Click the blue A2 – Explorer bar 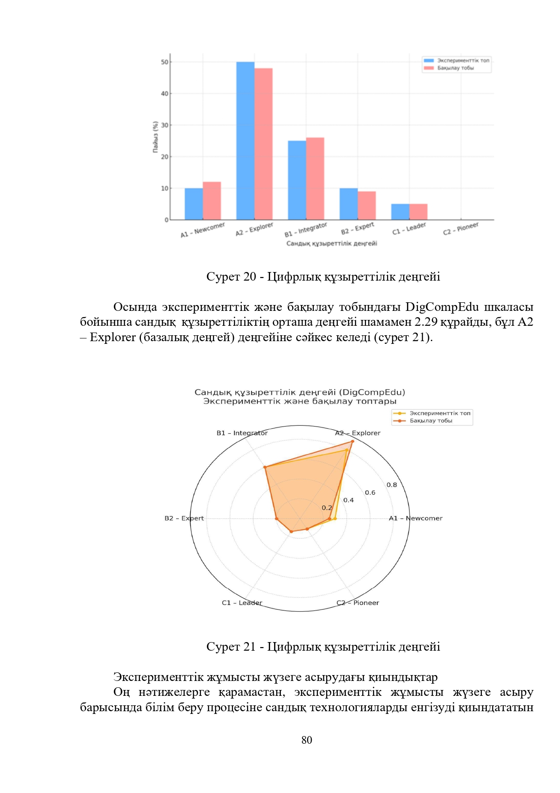pos(245,141)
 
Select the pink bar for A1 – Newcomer pos(212,201)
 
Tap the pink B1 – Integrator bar pos(315,179)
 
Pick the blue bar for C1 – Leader pos(400,212)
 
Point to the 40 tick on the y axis pos(164,94)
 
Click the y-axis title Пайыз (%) pos(155,137)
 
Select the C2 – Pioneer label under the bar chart pos(460,229)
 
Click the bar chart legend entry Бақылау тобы pos(455,68)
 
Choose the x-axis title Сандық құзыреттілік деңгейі pos(331,244)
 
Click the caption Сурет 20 pos(323,277)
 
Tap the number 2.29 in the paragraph pos(426,322)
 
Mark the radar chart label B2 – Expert pos(184,518)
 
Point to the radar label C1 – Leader pos(242,603)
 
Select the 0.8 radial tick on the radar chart pos(392,485)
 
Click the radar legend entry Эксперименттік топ pos(439,413)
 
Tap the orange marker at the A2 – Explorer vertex pos(352,441)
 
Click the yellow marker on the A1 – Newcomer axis pos(335,519)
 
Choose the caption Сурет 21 pos(323,647)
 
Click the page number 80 pos(307,740)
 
